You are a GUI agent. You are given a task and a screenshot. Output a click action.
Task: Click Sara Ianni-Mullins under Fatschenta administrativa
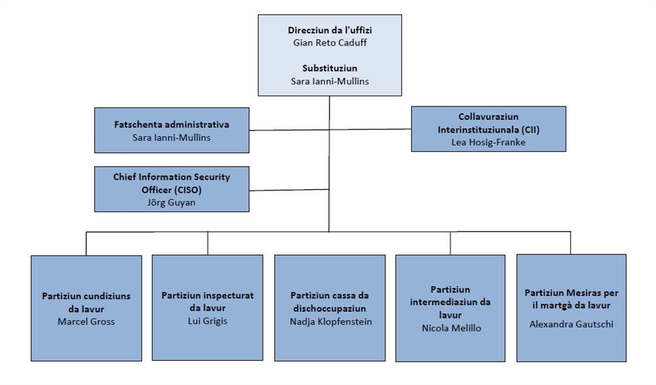pos(172,137)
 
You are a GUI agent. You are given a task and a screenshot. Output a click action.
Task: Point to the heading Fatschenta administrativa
pos(172,125)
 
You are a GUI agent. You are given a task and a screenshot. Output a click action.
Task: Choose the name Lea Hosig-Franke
pos(488,142)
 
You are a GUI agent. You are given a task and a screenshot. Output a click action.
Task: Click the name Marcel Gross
pos(86,321)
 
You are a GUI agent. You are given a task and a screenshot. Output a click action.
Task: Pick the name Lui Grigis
pos(207,320)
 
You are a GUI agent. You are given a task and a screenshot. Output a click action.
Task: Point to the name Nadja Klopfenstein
pos(331,321)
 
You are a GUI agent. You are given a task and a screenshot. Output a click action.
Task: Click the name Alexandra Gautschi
pos(571,324)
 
